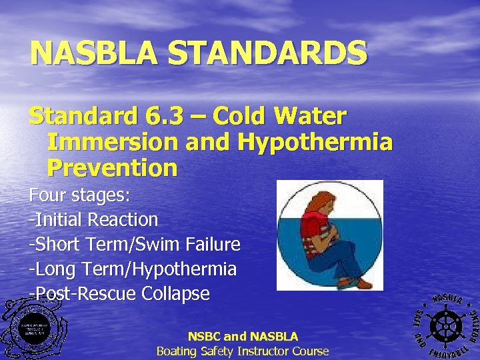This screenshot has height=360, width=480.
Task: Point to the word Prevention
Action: [112, 167]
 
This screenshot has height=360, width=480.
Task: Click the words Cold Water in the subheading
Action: [279, 117]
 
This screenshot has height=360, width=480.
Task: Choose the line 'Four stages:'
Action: [79, 196]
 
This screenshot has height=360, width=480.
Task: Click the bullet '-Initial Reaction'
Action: [93, 219]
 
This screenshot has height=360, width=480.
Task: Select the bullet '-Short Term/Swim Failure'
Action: [134, 244]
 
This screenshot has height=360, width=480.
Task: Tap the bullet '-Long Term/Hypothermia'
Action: [132, 269]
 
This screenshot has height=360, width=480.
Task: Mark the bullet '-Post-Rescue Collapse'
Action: [119, 293]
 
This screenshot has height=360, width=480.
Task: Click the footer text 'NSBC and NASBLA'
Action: [243, 337]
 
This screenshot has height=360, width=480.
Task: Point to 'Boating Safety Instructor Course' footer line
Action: [243, 351]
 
